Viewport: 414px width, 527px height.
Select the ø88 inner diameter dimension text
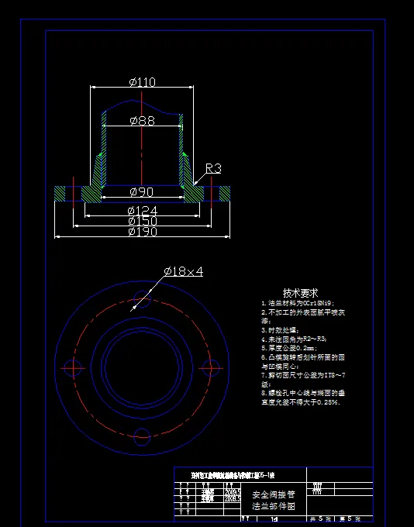point(142,120)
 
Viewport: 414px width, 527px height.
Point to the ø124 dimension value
point(142,211)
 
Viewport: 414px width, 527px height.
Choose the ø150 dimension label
point(142,221)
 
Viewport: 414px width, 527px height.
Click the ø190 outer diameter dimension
point(142,231)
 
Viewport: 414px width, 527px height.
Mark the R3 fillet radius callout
point(213,168)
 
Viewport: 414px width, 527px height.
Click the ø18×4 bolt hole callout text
point(183,271)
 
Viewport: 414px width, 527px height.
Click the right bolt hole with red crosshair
point(209,366)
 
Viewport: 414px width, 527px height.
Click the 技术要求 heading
point(300,293)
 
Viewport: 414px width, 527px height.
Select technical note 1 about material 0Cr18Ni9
point(298,304)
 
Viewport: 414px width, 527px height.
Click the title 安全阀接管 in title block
point(274,494)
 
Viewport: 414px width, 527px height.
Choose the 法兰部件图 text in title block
point(274,506)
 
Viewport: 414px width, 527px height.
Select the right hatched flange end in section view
point(225,192)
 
